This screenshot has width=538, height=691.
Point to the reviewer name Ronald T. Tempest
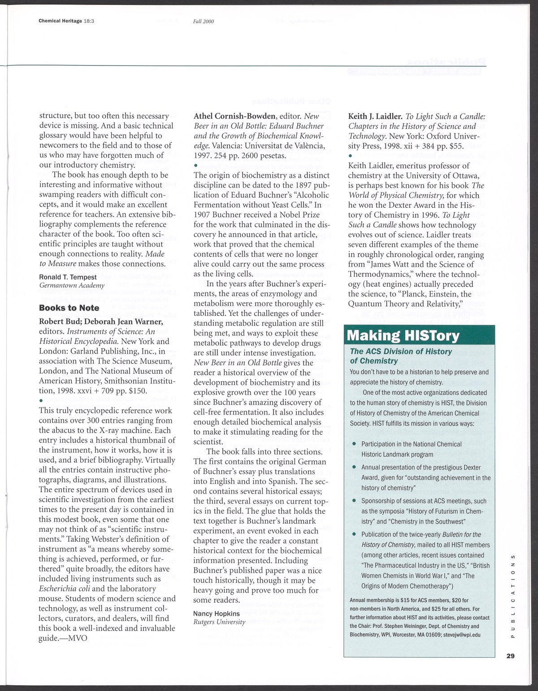point(68,277)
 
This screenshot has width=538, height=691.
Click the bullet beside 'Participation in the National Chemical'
point(354,444)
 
